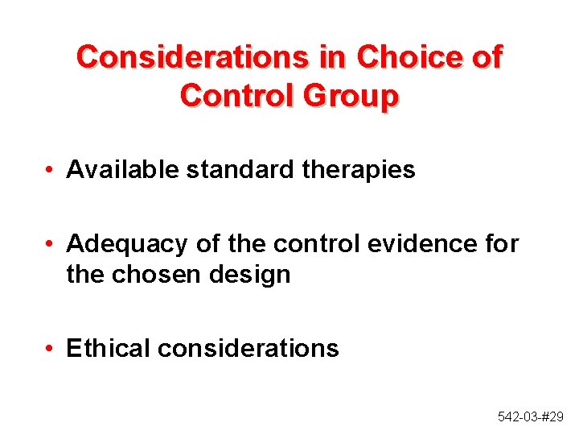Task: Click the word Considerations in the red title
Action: pyautogui.click(x=191, y=57)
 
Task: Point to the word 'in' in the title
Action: pyautogui.click(x=331, y=57)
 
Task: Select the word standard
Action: pyautogui.click(x=229, y=170)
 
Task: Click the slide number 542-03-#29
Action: pyautogui.click(x=531, y=416)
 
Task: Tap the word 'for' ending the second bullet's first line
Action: pyautogui.click(x=501, y=243)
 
